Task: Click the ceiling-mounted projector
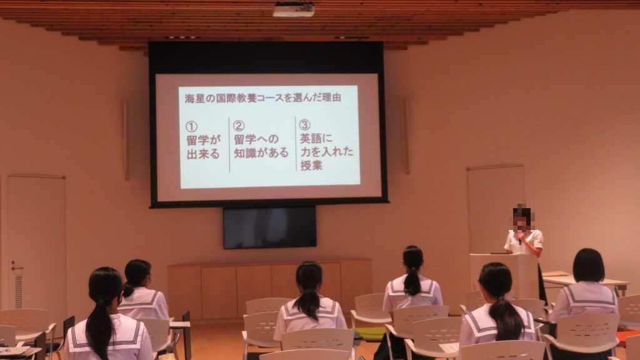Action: pos(294,9)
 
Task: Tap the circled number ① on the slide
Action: pos(191,126)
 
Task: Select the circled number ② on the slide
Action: pos(239,125)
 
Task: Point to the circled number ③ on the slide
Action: pos(305,124)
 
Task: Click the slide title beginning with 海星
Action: pos(262,98)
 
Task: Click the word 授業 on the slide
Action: pos(311,165)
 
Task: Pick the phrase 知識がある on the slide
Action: pos(261,152)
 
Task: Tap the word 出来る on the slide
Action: pos(203,154)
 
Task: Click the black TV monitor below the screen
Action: pos(270,227)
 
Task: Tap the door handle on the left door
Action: pos(16,268)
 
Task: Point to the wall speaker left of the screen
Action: pos(127,140)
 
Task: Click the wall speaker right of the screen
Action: pos(405,136)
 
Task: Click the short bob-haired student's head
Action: pos(588,265)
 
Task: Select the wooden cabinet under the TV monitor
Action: pos(270,288)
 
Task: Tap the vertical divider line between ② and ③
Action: pos(296,143)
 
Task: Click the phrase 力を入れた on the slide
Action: pos(327,152)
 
